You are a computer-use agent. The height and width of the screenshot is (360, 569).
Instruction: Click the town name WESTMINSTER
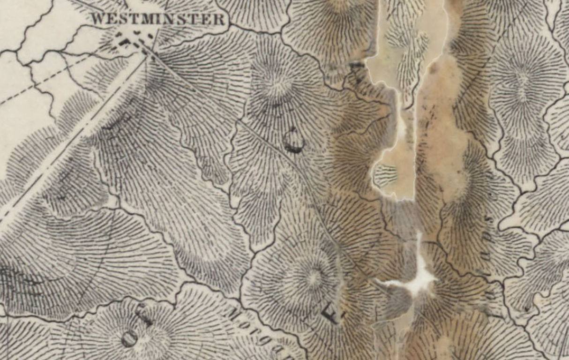coord(158,19)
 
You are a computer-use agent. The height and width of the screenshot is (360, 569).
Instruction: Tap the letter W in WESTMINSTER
coord(97,20)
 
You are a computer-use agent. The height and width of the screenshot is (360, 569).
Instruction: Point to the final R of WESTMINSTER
coord(219,20)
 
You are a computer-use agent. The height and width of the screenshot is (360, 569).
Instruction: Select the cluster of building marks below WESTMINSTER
coord(133,39)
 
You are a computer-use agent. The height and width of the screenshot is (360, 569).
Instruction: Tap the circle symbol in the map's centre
coord(294,141)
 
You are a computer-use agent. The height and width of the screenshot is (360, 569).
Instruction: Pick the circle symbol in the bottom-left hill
coord(130,338)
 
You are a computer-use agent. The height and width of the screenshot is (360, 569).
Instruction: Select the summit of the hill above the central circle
coord(276,87)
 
